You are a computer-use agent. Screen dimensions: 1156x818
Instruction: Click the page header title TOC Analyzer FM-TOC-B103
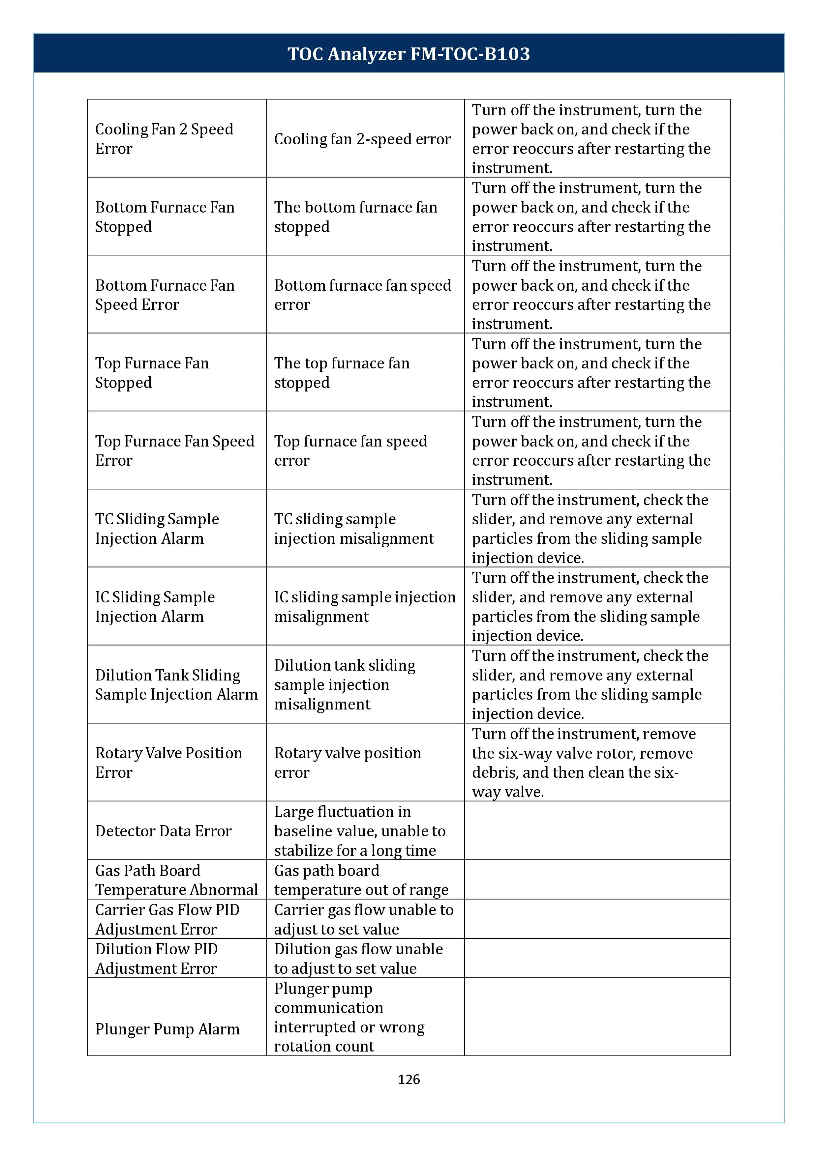[x=409, y=54]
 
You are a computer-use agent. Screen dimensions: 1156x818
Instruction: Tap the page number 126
[x=409, y=1079]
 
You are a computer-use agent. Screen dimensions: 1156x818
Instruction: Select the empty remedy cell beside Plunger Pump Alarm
[x=597, y=1017]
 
